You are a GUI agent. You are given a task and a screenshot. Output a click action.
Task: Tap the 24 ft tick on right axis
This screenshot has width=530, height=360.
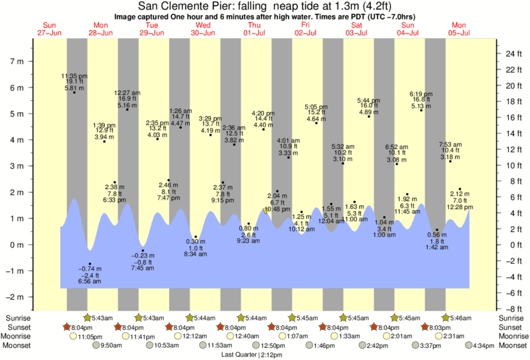coord(511,53)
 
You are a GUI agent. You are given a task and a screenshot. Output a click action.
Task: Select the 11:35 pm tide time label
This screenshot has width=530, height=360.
coord(74,76)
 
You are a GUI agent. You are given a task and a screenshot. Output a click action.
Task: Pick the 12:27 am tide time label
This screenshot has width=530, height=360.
coord(126,92)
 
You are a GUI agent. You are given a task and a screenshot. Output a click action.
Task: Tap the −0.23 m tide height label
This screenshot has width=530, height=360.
coord(142,256)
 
